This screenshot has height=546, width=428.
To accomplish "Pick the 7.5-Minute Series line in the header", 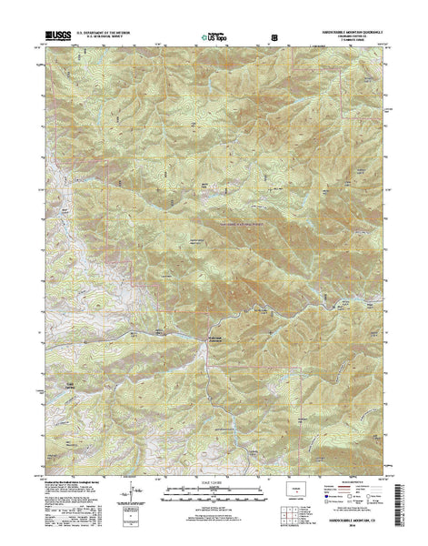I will click(x=351, y=44).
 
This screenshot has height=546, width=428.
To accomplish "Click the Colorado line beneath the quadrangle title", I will click(x=351, y=39).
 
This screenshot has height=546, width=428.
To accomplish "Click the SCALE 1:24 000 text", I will click(x=214, y=470).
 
